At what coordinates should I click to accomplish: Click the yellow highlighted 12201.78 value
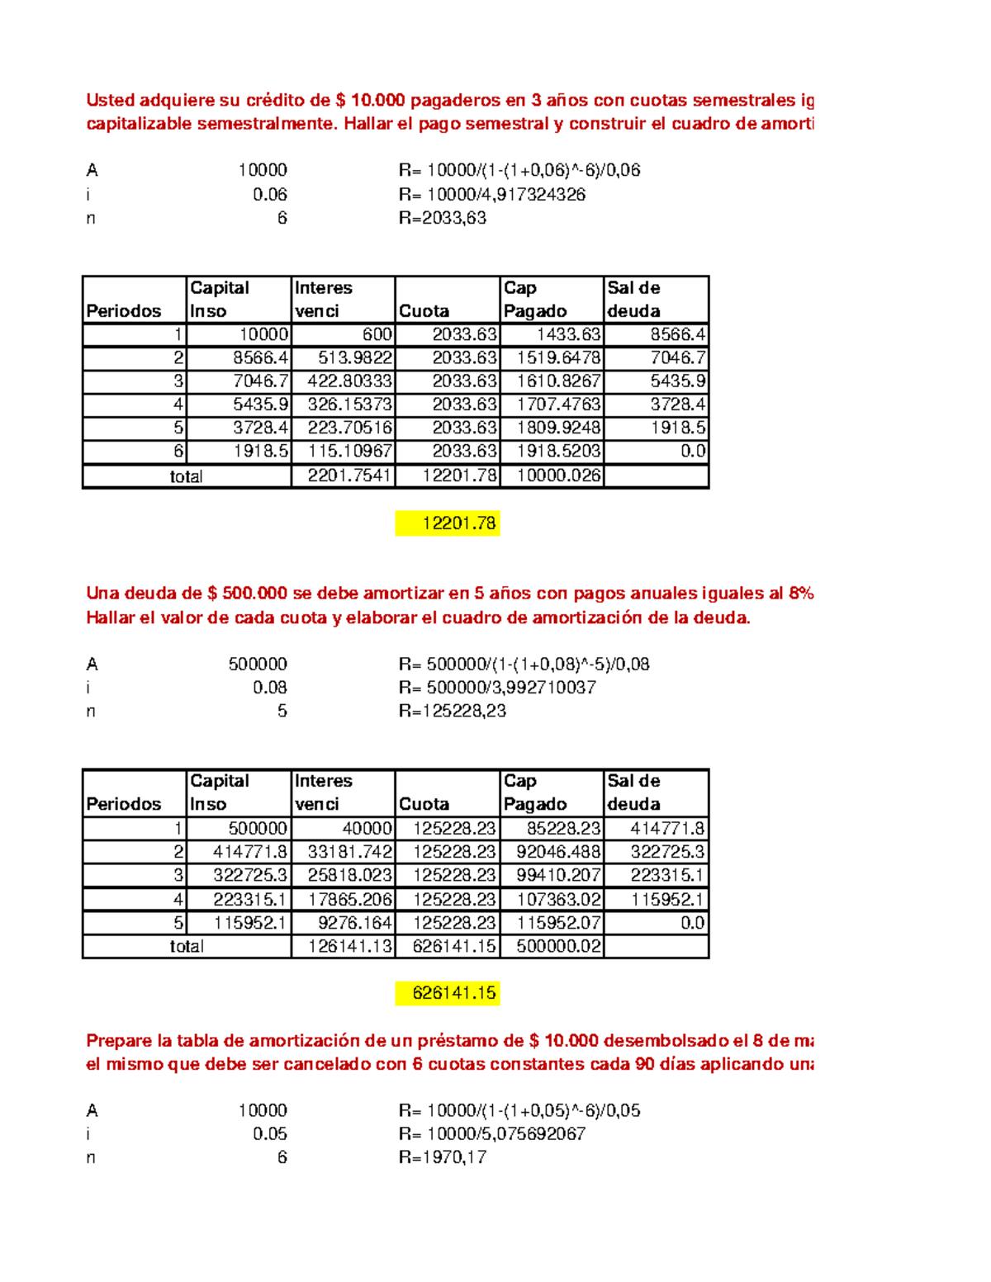448,523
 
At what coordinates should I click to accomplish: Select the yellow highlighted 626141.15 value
448,993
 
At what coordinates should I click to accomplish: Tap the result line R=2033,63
443,218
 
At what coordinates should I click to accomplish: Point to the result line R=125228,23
453,711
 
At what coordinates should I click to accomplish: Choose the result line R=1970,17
443,1157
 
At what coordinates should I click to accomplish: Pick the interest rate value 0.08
270,688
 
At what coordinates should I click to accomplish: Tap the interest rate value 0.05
270,1133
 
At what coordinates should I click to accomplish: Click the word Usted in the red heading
110,101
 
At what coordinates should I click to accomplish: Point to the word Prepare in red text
118,1040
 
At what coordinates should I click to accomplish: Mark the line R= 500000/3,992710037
497,688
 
